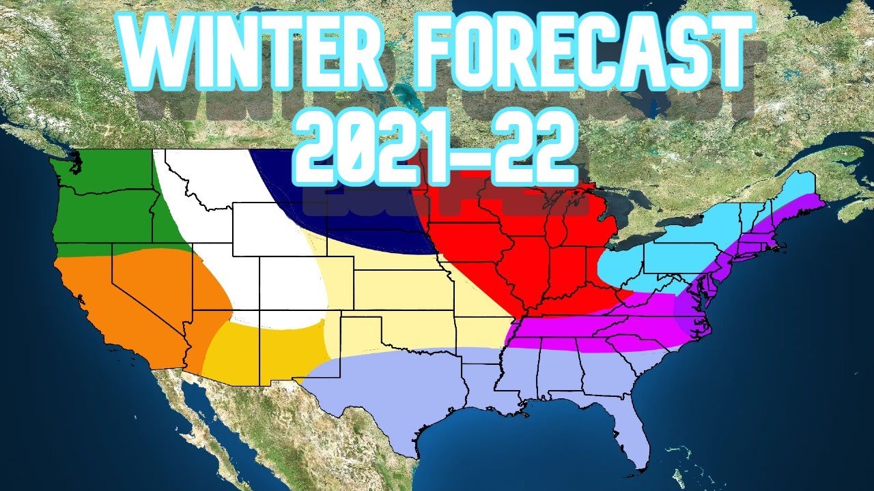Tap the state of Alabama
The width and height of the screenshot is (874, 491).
[x=560, y=375]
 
